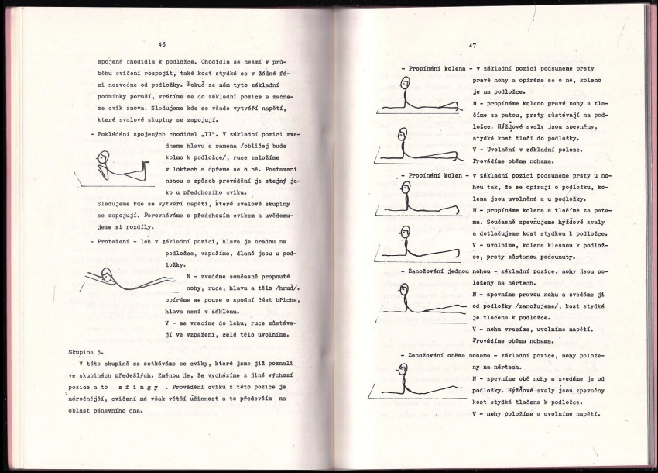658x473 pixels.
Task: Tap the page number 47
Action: tap(472, 45)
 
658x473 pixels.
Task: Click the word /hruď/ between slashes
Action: tap(286, 288)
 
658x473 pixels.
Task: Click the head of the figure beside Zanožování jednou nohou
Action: tap(403, 291)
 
